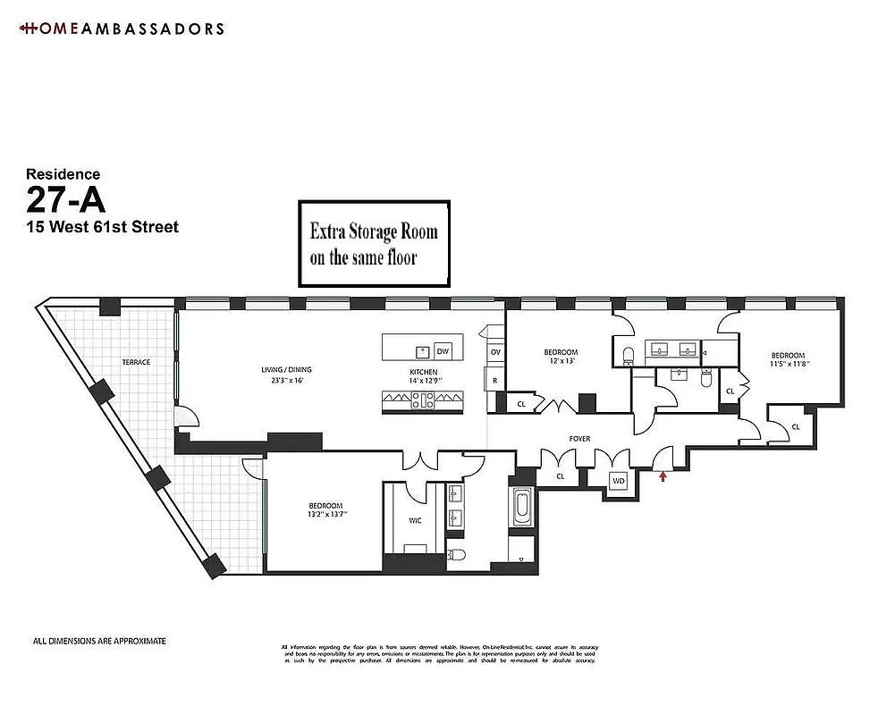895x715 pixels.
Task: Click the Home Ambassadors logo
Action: click(121, 29)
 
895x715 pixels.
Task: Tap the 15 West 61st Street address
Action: click(102, 227)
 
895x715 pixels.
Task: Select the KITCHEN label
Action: click(423, 371)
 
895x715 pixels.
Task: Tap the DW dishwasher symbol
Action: click(442, 350)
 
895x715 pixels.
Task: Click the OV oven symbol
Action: click(494, 352)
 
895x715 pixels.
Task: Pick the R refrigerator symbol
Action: click(494, 380)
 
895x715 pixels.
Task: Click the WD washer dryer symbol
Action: click(618, 481)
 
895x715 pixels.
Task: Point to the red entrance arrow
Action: click(663, 477)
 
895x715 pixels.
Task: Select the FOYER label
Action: click(579, 439)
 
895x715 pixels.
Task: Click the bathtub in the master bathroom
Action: click(521, 507)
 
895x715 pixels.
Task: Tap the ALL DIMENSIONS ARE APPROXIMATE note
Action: click(99, 641)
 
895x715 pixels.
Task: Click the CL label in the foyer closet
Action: click(561, 476)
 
